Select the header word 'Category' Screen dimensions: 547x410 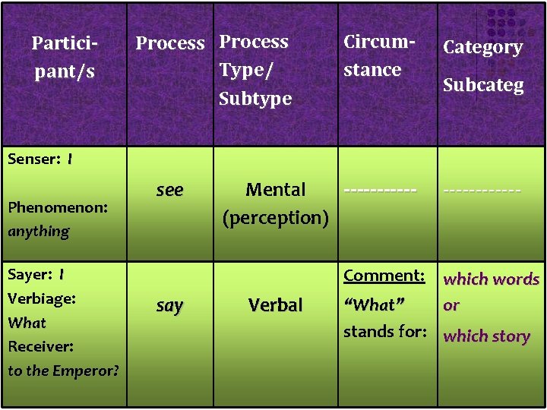(x=482, y=47)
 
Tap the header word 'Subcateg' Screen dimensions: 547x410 (x=483, y=85)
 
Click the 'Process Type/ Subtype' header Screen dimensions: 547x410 (x=255, y=70)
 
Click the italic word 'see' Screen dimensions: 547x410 (x=169, y=190)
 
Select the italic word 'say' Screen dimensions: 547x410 (x=169, y=305)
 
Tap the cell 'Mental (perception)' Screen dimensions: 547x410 (x=275, y=203)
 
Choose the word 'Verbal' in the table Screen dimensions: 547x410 (x=275, y=305)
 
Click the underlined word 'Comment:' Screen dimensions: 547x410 (x=384, y=276)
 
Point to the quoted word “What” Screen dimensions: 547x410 (x=374, y=304)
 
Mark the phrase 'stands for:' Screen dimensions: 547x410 (x=383, y=331)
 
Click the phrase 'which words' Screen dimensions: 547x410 (x=491, y=279)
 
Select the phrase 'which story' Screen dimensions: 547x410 (x=486, y=336)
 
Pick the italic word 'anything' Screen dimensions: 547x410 (x=38, y=231)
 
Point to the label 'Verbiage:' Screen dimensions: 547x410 (x=42, y=298)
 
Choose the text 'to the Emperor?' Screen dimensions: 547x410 (x=63, y=371)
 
